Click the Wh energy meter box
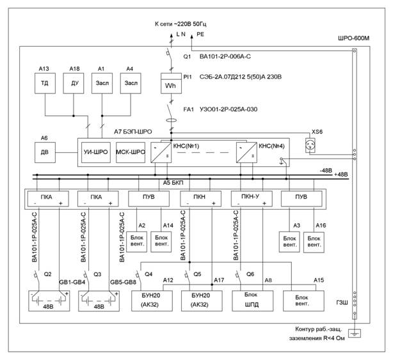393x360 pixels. click(171, 83)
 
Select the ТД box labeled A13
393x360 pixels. click(45, 83)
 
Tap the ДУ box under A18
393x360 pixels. click(74, 83)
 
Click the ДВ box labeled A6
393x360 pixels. click(45, 152)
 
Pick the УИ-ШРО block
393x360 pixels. click(96, 152)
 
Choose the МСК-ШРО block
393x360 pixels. click(131, 152)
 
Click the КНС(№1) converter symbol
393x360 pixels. click(161, 152)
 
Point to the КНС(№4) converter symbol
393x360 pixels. click(246, 152)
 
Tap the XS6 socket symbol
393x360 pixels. click(310, 145)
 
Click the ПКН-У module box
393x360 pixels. click(252, 199)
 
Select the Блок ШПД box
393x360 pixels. click(253, 301)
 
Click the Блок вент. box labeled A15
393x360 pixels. click(303, 301)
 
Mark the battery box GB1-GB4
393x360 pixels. click(49, 301)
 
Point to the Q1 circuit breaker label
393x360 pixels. click(187, 56)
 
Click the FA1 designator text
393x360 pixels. click(188, 109)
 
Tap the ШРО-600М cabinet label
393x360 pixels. click(354, 38)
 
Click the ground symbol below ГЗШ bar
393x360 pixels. click(355, 333)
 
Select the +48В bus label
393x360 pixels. click(341, 175)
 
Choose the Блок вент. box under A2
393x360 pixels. click(136, 242)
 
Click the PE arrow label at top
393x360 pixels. click(200, 35)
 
